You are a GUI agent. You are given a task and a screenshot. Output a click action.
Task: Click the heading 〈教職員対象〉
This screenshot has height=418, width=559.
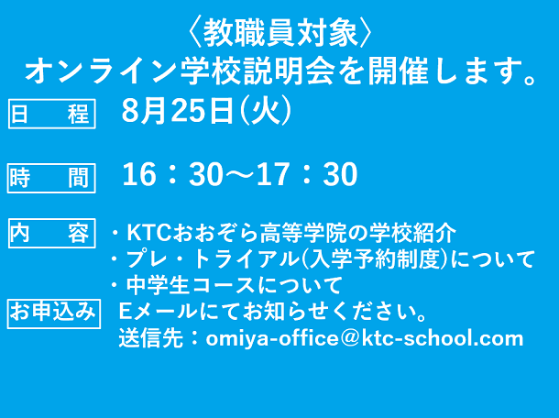pyautogui.click(x=279, y=33)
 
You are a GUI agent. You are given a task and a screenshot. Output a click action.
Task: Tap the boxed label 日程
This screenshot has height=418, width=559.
pyautogui.click(x=51, y=114)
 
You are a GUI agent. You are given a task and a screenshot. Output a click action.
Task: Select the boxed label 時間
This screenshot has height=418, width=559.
pyautogui.click(x=51, y=178)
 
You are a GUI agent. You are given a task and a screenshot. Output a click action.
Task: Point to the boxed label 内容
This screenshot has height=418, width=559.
pyautogui.click(x=51, y=233)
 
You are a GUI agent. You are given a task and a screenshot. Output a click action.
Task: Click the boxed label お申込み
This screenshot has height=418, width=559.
pyautogui.click(x=54, y=313)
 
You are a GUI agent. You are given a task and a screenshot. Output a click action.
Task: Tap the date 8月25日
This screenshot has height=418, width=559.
pyautogui.click(x=178, y=111)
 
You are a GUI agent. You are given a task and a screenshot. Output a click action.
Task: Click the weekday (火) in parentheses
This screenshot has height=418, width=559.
pyautogui.click(x=266, y=111)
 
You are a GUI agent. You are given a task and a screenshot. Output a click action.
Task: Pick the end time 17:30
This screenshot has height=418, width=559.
pyautogui.click(x=307, y=174)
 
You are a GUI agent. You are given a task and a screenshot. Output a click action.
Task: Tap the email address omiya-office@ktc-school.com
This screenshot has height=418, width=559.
pyautogui.click(x=365, y=338)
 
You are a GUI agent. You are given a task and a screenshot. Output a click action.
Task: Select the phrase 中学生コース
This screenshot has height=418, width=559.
pyautogui.click(x=191, y=285)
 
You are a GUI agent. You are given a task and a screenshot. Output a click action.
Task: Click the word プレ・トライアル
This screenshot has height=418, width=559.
pyautogui.click(x=213, y=258)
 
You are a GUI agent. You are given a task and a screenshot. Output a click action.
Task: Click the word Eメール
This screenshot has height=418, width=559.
pyautogui.click(x=158, y=312)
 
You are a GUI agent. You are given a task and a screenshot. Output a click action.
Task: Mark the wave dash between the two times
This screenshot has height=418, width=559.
pyautogui.click(x=240, y=174)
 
